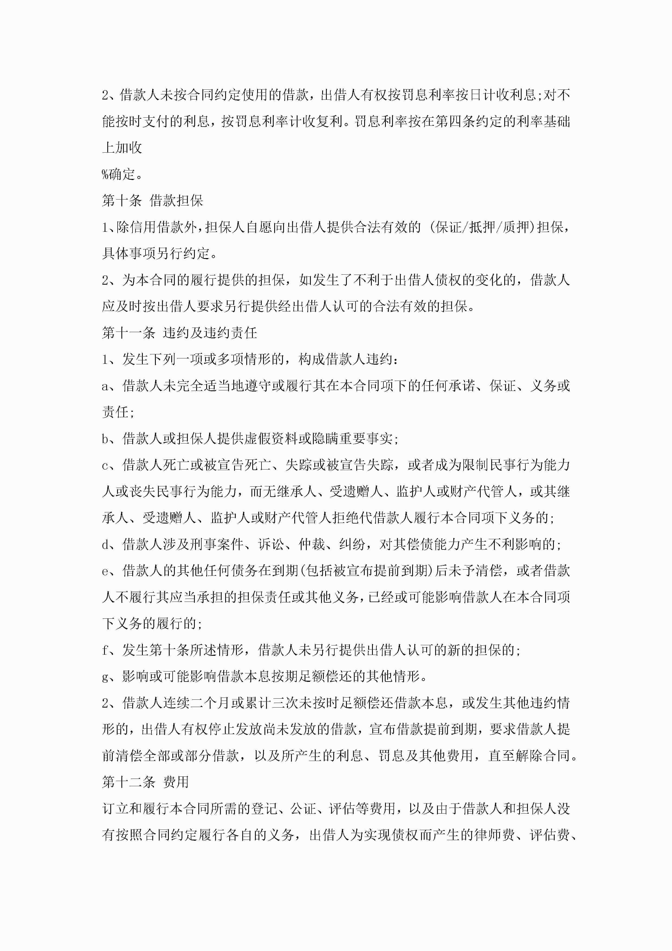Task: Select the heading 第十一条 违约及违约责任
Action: coord(179,333)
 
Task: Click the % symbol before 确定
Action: coord(105,174)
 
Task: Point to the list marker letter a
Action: coord(105,386)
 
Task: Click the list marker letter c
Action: coord(105,465)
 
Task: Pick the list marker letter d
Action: coord(105,545)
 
